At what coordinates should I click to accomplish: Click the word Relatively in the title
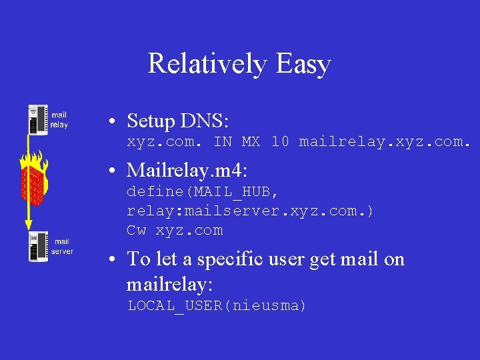click(207, 64)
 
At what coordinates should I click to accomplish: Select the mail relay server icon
click(37, 119)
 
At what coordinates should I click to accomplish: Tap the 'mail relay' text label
click(59, 120)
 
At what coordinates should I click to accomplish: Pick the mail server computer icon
click(37, 246)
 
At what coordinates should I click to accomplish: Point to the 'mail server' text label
click(62, 247)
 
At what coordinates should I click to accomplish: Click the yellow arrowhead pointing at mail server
click(29, 225)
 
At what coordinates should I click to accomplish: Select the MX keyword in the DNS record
click(251, 142)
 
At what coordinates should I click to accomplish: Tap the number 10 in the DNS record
click(280, 142)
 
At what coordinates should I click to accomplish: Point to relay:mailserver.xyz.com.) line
click(251, 211)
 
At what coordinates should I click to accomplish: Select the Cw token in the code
click(136, 231)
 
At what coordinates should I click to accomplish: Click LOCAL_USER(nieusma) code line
click(217, 306)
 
